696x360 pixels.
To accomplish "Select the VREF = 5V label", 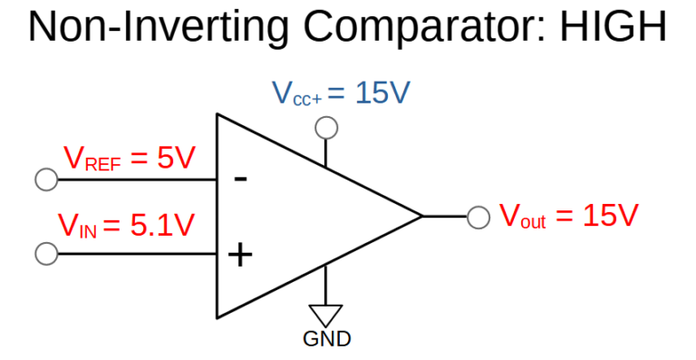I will (x=130, y=159).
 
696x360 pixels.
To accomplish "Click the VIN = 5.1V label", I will (x=126, y=224).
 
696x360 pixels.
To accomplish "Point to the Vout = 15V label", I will (x=569, y=216).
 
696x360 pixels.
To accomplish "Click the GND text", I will (x=326, y=340).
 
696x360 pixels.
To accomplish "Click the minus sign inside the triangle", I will (x=240, y=179).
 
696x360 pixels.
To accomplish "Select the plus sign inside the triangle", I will (x=240, y=255).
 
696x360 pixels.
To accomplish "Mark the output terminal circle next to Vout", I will (x=478, y=217).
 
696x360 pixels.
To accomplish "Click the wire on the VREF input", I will (x=136, y=180).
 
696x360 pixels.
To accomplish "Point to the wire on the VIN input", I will (x=136, y=254).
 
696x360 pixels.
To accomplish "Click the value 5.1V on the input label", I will (x=162, y=224).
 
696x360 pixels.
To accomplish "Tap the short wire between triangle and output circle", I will (x=446, y=217).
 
